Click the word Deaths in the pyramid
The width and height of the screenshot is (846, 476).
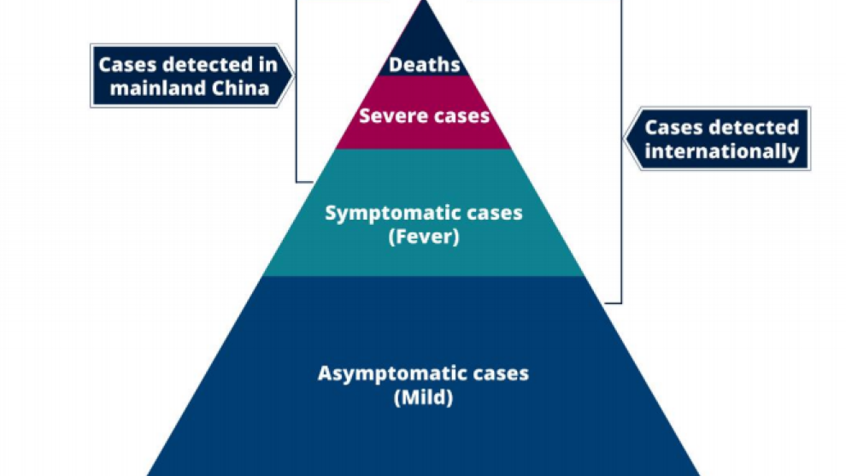[424, 65]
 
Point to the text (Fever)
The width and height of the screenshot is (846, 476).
[424, 237]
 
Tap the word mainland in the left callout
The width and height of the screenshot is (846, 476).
[148, 87]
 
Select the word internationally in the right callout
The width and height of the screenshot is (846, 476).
[722, 152]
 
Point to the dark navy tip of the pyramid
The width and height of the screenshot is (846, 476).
[423, 34]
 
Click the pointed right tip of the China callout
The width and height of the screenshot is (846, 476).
[291, 76]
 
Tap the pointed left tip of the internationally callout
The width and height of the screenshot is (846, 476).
[627, 139]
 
